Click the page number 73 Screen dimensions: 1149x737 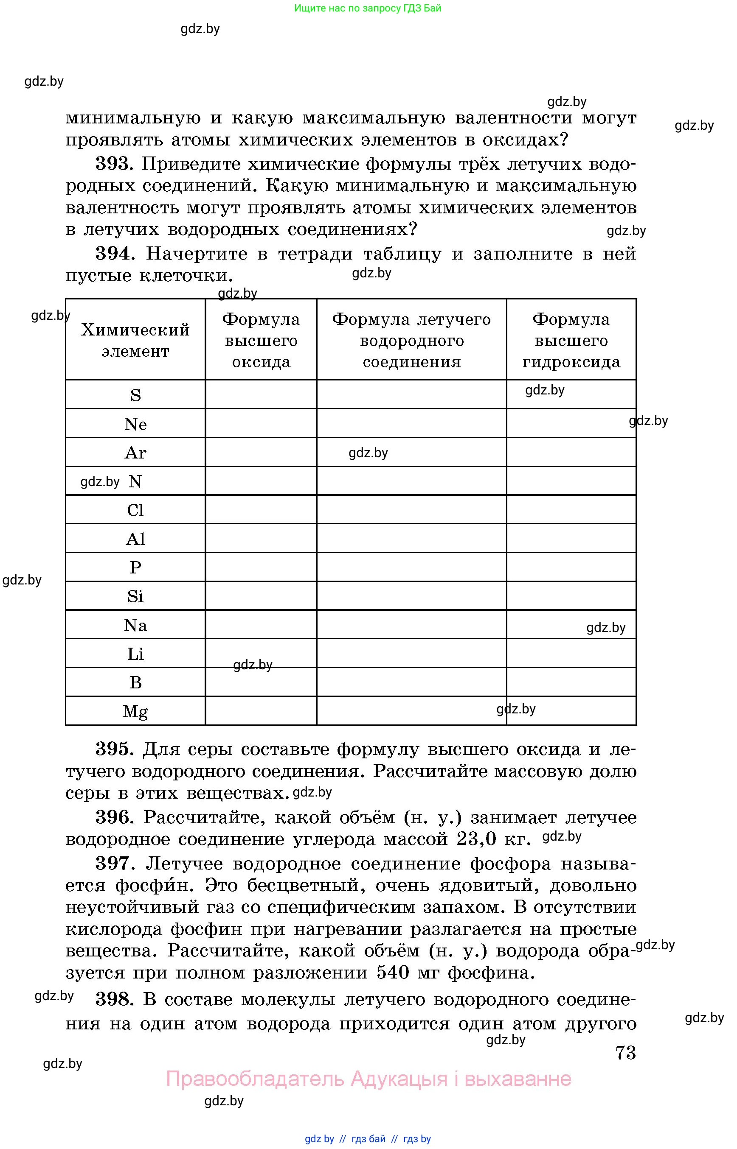click(625, 1052)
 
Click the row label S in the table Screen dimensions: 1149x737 click(135, 395)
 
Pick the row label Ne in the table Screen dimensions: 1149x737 click(135, 424)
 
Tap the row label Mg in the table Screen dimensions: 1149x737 click(135, 711)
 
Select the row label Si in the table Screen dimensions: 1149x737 click(135, 596)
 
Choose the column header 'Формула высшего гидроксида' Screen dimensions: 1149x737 click(571, 340)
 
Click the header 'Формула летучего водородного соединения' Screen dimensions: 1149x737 click(411, 340)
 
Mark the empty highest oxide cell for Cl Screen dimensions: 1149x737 click(261, 510)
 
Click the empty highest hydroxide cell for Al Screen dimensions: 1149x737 click(571, 538)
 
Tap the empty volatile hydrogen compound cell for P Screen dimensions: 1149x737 click(411, 567)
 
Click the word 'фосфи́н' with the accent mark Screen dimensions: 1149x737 click(155, 885)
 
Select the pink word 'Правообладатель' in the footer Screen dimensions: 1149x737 click(255, 1079)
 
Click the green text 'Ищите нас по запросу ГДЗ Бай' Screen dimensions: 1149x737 click(368, 8)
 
